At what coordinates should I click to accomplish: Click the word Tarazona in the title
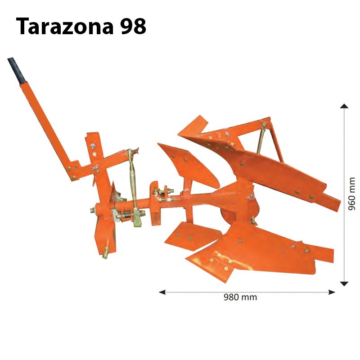coord(65,27)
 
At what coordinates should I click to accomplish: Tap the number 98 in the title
coord(133,27)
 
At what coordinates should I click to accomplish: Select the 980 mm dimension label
coord(240,297)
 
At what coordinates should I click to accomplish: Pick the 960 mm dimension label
coord(352,193)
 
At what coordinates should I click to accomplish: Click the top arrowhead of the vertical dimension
coord(344,106)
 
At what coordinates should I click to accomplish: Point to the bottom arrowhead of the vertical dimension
coord(344,284)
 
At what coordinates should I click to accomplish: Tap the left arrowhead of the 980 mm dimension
coord(162,292)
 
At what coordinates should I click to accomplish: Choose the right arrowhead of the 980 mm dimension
coord(332,292)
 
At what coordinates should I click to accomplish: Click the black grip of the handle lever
coord(17,70)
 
